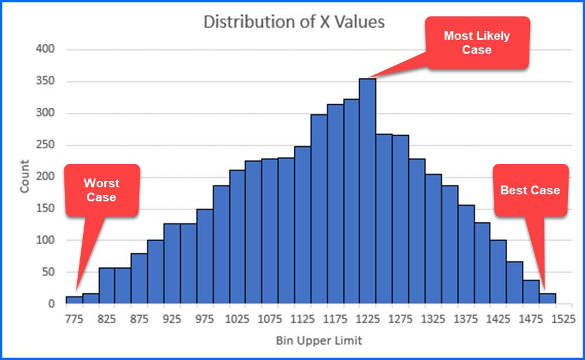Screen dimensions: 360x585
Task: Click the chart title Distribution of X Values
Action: (294, 22)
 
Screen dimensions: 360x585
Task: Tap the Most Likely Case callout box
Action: (477, 43)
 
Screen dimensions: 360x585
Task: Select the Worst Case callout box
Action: (101, 190)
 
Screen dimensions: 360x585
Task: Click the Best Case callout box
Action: (530, 190)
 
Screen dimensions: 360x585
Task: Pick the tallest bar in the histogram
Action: (367, 191)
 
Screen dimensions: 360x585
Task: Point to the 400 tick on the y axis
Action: (47, 50)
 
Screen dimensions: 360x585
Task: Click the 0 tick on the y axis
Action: (51, 304)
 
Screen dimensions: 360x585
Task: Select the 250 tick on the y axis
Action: (47, 145)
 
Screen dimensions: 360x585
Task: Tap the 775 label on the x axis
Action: (74, 320)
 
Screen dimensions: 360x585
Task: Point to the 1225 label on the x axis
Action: (367, 320)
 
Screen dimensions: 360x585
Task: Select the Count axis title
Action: (25, 177)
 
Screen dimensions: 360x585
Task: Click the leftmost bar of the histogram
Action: (74, 300)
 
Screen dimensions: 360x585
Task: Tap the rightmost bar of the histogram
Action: (548, 299)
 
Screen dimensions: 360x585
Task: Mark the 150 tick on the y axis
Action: (47, 209)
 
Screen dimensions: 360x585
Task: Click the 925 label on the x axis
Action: (172, 320)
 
